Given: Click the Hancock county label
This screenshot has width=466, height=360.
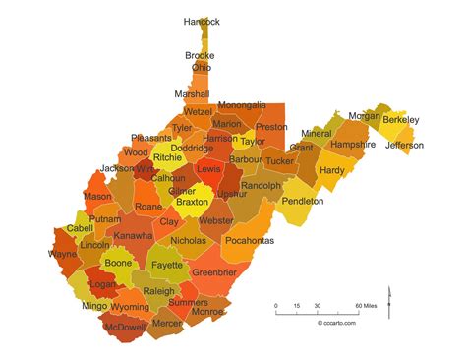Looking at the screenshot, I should [x=202, y=22].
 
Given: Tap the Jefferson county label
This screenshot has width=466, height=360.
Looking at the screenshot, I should [x=404, y=146].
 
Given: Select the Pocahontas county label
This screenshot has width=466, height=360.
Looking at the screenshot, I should [x=248, y=239].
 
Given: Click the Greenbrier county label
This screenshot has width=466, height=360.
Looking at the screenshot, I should [x=214, y=271].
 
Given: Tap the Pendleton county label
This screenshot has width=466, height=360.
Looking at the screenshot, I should [x=302, y=201].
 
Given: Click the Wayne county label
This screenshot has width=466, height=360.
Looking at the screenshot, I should [x=63, y=254].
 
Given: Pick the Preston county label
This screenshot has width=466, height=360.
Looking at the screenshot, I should [x=271, y=127].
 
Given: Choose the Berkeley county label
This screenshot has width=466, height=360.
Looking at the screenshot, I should [x=400, y=120].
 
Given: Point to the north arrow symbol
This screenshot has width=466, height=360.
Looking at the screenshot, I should [x=389, y=298].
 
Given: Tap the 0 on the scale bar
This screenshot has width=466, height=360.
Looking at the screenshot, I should [x=276, y=306].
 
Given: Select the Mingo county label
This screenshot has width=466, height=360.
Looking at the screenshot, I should [x=94, y=306].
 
